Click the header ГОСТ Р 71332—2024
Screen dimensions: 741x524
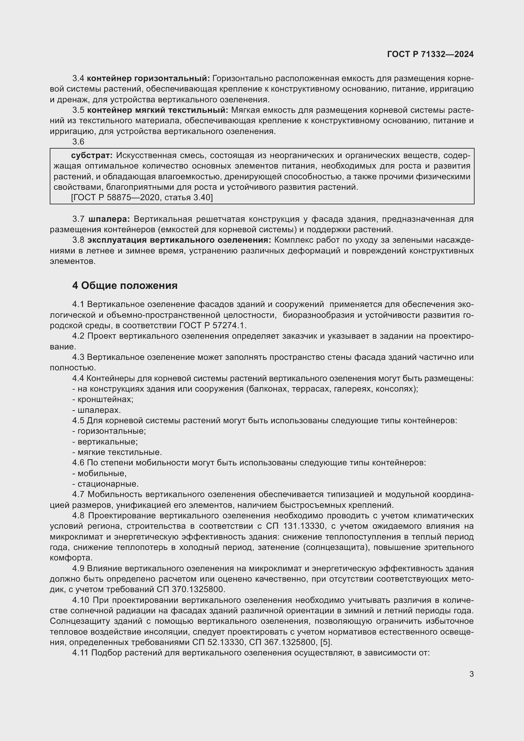tap(430, 54)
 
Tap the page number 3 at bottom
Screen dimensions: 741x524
tap(471, 674)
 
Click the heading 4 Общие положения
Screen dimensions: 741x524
tap(125, 286)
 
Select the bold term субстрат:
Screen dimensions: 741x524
tap(92, 156)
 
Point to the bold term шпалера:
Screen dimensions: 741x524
tap(109, 219)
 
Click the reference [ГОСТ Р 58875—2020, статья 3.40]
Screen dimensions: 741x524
tap(142, 197)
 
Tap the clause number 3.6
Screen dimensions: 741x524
tap(78, 142)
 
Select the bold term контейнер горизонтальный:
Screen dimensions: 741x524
tap(148, 79)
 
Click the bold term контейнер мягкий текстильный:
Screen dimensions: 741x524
tap(157, 110)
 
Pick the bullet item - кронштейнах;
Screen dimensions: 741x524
tap(103, 399)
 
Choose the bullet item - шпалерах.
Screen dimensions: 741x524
tap(97, 410)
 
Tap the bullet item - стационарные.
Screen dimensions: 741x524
tap(105, 484)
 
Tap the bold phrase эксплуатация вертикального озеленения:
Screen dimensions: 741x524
tap(179, 240)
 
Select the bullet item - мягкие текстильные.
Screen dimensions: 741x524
tap(117, 452)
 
